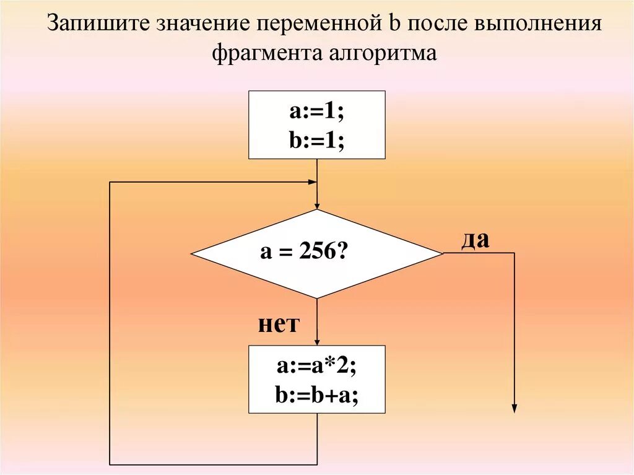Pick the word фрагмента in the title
point(263,53)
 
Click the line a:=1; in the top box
point(316,113)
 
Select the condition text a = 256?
point(303,253)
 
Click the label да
point(475,240)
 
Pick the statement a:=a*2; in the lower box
point(316,367)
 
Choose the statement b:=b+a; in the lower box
point(316,394)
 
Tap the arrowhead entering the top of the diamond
point(317,206)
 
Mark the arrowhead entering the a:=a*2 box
point(317,342)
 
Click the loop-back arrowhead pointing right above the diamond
point(313,182)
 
